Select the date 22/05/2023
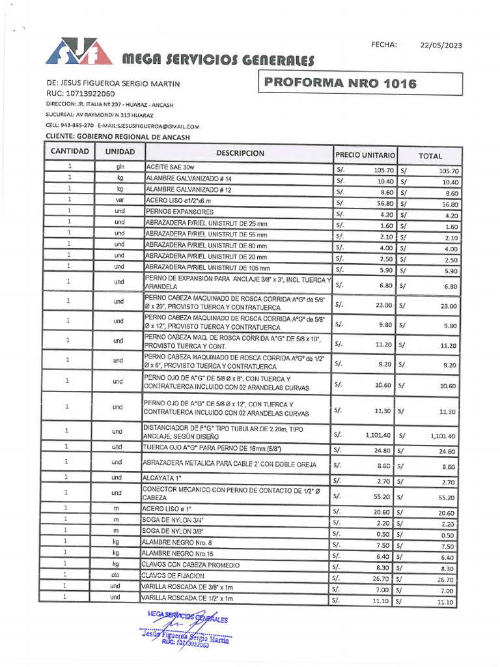point(441,45)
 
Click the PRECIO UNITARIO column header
point(365,156)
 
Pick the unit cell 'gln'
point(120,167)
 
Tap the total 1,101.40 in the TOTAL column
point(443,436)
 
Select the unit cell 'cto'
point(116,576)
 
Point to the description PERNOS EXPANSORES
point(179,212)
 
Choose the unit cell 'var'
point(120,201)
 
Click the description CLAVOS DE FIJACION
point(173,576)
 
